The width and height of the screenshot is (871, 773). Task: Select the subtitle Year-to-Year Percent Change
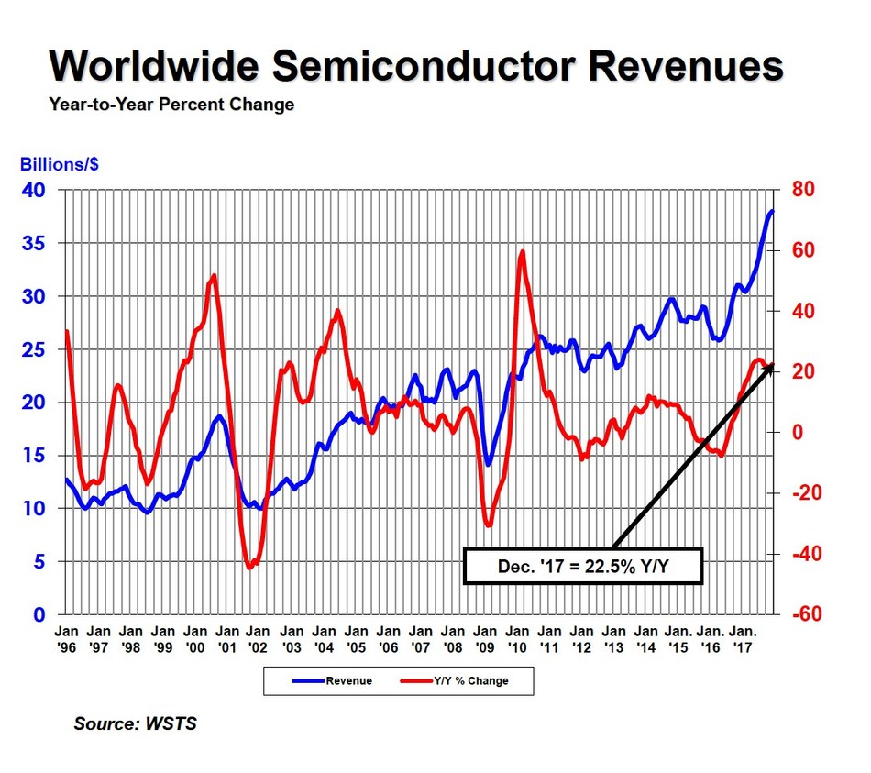[171, 105]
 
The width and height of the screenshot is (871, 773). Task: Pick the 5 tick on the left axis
[39, 562]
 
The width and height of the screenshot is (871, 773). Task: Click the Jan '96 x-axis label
[66, 638]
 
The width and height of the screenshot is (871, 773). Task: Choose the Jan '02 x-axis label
[259, 638]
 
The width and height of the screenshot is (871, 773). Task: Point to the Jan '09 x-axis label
[484, 638]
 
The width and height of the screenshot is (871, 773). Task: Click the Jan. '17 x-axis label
[741, 638]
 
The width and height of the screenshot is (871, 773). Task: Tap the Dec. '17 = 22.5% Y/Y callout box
[583, 567]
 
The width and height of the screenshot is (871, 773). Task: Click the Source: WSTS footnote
[135, 724]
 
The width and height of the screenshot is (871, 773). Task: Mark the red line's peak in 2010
[522, 251]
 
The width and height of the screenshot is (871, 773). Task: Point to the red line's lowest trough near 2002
[250, 568]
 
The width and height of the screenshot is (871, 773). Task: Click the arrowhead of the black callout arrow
[771, 368]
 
